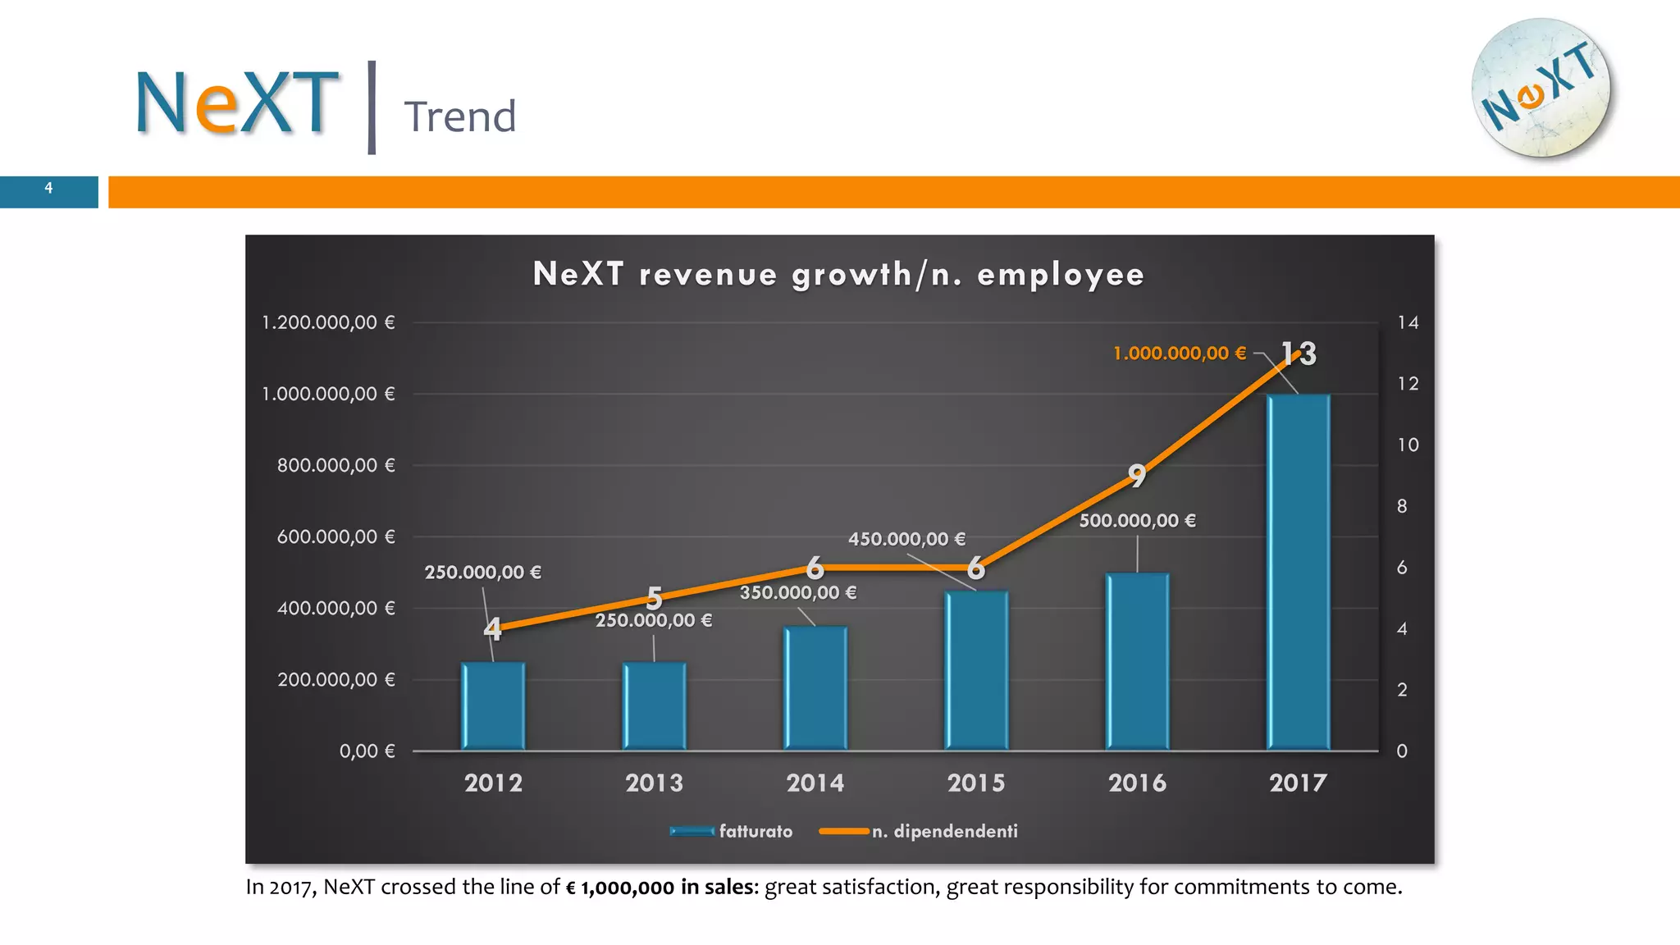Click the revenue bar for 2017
tap(1299, 574)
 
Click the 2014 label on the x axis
tap(815, 783)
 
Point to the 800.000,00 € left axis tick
tap(336, 465)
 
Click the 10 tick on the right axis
tap(1408, 445)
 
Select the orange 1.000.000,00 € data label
tap(1179, 354)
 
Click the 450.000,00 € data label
tap(906, 539)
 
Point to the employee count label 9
tap(1136, 475)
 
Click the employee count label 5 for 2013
tap(654, 596)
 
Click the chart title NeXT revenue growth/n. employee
tap(838, 274)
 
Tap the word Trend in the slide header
tap(459, 116)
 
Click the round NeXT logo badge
tap(1541, 89)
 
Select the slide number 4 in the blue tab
tap(48, 189)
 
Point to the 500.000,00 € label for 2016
tap(1137, 520)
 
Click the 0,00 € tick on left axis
tap(367, 751)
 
